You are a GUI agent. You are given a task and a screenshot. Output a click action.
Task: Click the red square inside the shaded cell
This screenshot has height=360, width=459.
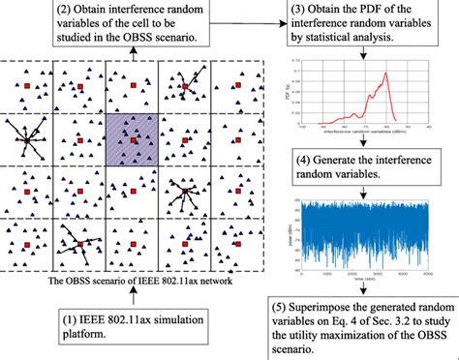pos(132,141)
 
